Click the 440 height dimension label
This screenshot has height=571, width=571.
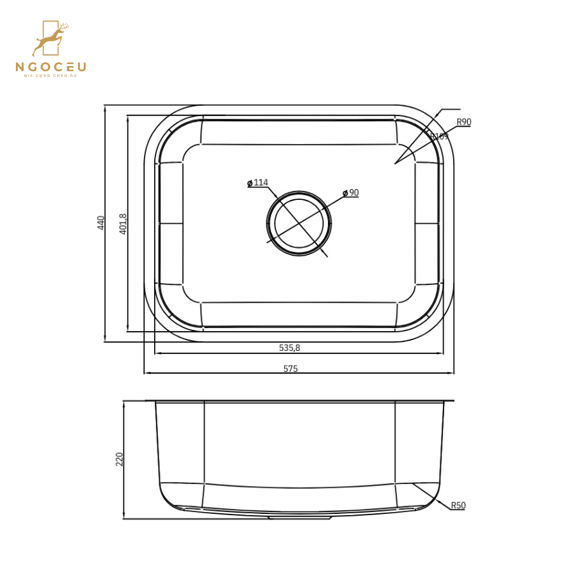point(101,222)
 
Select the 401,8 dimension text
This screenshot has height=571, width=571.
point(123,223)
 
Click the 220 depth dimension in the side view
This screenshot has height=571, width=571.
point(119,459)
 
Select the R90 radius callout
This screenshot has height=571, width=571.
point(464,122)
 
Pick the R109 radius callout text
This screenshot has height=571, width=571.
point(439,136)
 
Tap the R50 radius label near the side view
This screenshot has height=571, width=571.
point(458,506)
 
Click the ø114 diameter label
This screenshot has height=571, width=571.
point(258,183)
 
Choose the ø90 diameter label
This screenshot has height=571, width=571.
point(351,192)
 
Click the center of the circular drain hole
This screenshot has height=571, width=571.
point(299,223)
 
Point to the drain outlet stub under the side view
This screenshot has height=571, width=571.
point(299,517)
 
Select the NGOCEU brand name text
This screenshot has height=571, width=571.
point(51,67)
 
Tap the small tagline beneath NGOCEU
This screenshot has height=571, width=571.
point(51,76)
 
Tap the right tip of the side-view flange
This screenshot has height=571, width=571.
point(453,401)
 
